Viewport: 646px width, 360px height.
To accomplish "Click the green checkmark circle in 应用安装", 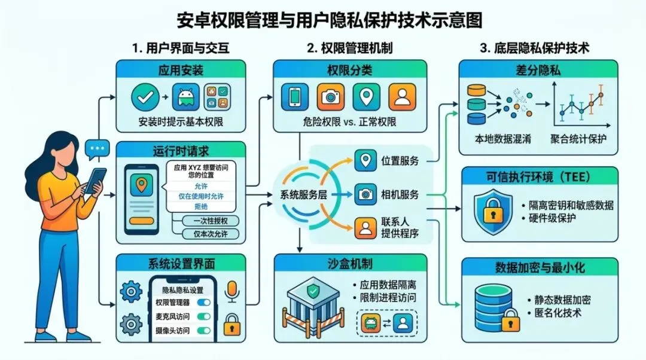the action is click(146, 97).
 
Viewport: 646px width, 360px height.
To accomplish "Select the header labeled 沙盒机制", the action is click(350, 263).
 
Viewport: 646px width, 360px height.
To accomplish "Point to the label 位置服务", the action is click(399, 160).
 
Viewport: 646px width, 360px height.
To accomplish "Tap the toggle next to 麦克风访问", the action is click(203, 316).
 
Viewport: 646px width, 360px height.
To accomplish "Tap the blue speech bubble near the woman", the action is click(97, 148).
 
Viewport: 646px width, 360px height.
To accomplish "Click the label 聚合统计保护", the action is click(578, 139).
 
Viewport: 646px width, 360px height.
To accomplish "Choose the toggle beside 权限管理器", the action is click(203, 303).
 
